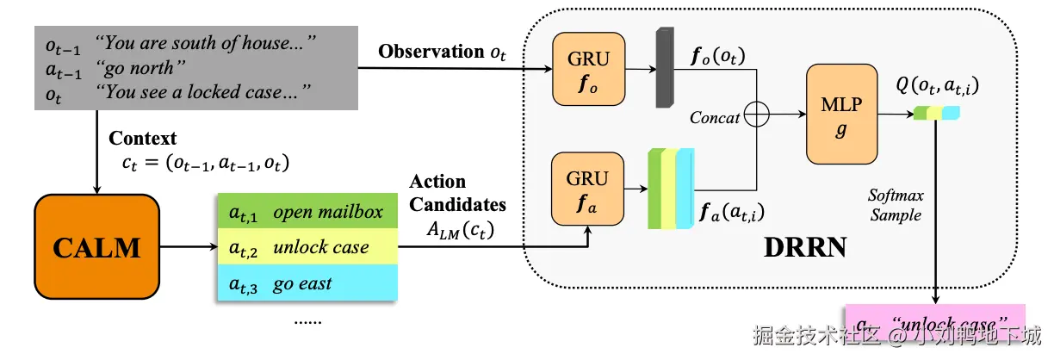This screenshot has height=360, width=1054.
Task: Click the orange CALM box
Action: (x=96, y=247)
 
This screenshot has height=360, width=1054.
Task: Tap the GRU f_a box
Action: (x=587, y=188)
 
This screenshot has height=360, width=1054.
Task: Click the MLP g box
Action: (x=840, y=114)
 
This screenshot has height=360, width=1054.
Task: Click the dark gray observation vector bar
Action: (x=664, y=68)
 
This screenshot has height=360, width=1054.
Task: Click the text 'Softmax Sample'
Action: (x=896, y=204)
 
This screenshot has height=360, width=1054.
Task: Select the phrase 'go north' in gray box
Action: (x=134, y=67)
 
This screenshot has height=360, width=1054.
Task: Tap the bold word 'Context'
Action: (x=143, y=138)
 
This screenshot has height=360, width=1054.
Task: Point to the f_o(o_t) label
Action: (x=718, y=58)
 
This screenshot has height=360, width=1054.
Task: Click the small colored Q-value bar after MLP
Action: (x=936, y=113)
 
